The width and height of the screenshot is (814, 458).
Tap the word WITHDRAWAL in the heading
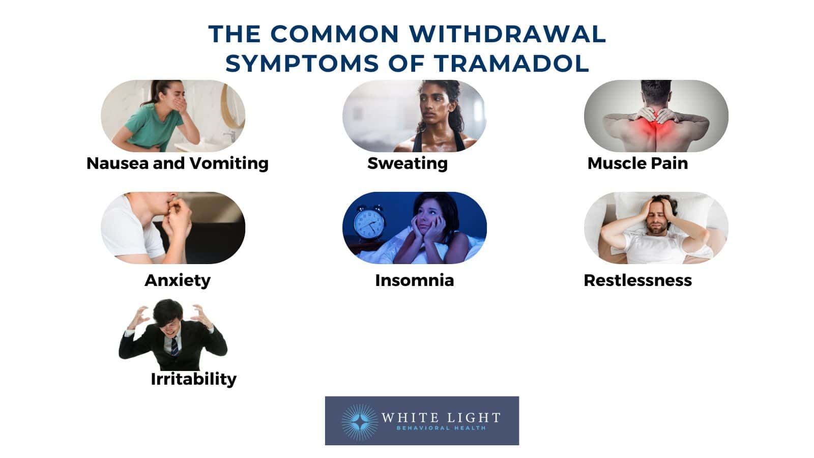[x=507, y=34]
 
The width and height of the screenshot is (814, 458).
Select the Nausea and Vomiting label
[x=177, y=163]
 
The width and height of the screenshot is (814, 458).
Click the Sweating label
[x=407, y=163]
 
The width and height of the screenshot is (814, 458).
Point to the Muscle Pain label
[x=637, y=163]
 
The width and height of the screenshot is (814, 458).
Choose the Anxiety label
[x=177, y=280]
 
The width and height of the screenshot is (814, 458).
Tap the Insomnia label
[x=414, y=280]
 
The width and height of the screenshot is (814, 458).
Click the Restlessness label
[x=637, y=280]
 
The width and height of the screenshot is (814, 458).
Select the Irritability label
[x=193, y=379]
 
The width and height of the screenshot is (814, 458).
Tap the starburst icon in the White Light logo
[x=360, y=421]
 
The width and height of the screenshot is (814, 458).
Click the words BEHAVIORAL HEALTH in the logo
[x=441, y=428]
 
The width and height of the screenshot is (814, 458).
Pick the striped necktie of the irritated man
[x=175, y=346]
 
